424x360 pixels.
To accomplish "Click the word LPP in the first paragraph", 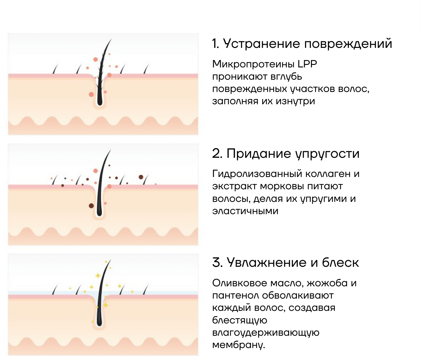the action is [x=307, y=64].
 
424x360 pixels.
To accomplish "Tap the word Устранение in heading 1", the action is [x=261, y=43].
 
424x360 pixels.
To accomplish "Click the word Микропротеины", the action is [x=253, y=64].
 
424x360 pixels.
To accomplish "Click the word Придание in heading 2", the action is [x=259, y=153].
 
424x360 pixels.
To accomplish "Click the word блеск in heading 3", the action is [x=340, y=262].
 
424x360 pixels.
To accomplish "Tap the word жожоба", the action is [x=327, y=283].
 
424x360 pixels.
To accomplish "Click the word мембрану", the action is [x=238, y=345].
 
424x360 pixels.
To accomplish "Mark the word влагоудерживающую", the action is [x=266, y=333].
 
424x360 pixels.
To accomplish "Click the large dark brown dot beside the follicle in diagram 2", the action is [x=91, y=206].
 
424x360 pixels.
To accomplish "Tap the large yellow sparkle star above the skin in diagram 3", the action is [x=98, y=276].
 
